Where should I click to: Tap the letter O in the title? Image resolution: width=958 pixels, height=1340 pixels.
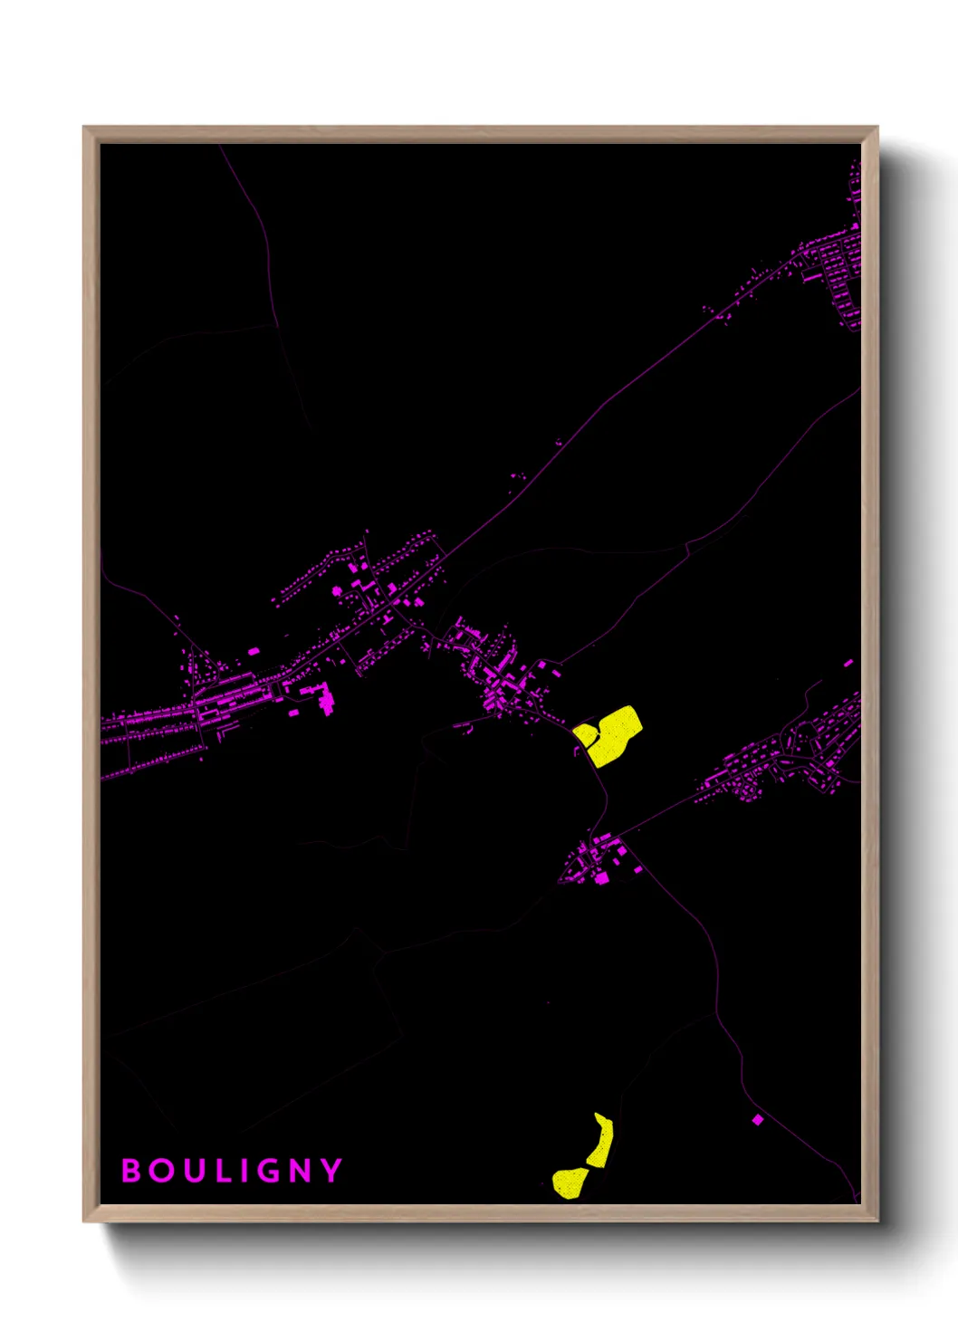click(162, 1171)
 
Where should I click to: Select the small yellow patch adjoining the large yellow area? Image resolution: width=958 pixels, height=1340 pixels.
click(584, 734)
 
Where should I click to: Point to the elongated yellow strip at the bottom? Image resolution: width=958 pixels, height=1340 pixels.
click(601, 1142)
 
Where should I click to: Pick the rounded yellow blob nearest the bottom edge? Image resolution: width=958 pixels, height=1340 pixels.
click(570, 1182)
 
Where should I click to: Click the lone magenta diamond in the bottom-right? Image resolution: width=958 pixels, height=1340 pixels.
click(758, 1120)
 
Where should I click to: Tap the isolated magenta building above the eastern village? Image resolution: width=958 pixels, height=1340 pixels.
click(848, 663)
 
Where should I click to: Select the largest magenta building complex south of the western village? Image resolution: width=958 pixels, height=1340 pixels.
click(321, 697)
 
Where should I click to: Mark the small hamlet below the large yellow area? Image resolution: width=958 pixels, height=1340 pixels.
click(598, 860)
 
